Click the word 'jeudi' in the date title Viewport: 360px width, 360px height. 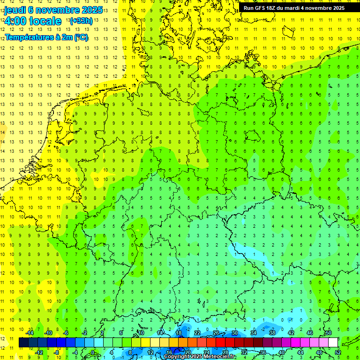[15, 10]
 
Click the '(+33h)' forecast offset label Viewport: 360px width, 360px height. [81, 21]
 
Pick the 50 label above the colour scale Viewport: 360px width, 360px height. [329, 333]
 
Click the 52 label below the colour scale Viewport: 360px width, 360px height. [338, 352]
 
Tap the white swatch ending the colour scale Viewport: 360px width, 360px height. [333, 343]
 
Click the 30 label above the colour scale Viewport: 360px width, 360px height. [235, 333]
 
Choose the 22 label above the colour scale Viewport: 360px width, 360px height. [197, 333]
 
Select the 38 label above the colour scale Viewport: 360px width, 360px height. [272, 333]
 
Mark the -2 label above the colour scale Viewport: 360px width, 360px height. [85, 333]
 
